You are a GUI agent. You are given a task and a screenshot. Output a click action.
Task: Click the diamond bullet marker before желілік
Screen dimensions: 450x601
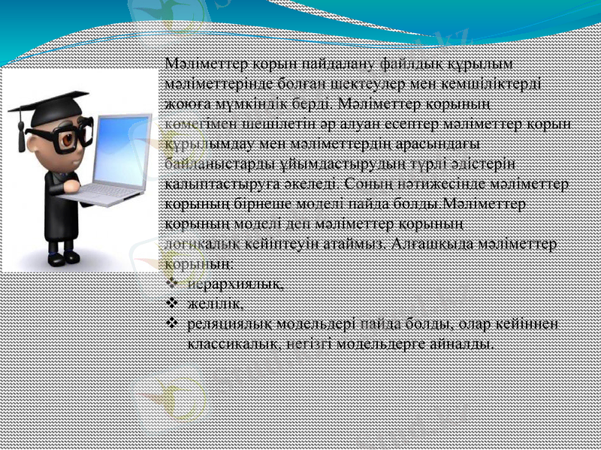[x=172, y=304]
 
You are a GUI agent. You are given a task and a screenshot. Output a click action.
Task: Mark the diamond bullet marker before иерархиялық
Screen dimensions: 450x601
[x=172, y=283]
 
